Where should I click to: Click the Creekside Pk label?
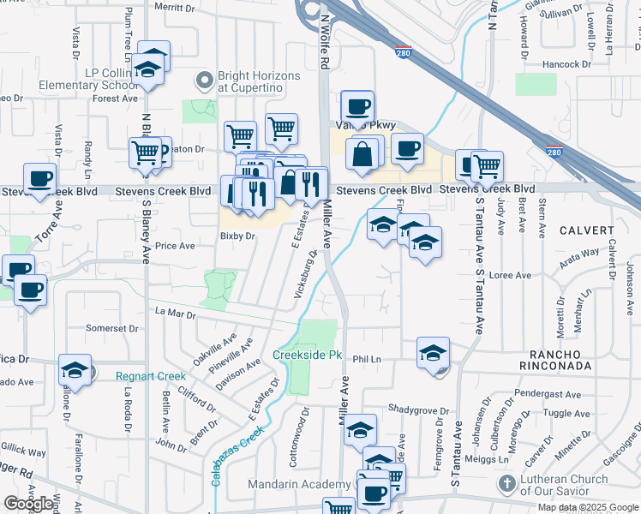pyautogui.click(x=307, y=355)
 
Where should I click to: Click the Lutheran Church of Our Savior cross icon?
pyautogui.click(x=507, y=484)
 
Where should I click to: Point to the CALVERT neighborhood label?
pyautogui.click(x=588, y=230)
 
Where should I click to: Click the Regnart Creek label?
pyautogui.click(x=151, y=376)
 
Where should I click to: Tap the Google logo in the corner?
pyautogui.click(x=28, y=504)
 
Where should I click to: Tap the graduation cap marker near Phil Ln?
pyautogui.click(x=433, y=353)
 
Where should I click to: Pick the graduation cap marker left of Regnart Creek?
pyautogui.click(x=75, y=372)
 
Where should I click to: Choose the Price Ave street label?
pyautogui.click(x=175, y=246)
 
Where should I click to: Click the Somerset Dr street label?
pyautogui.click(x=112, y=328)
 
